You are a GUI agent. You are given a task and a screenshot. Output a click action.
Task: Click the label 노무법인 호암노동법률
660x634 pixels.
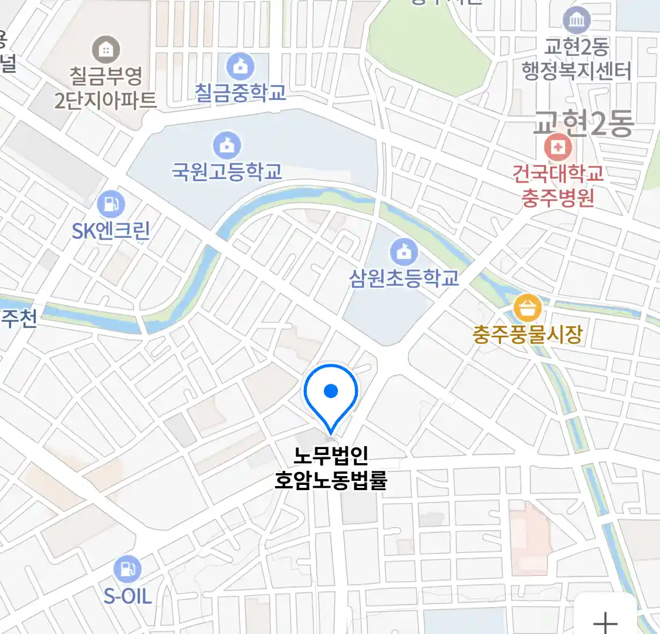pyautogui.click(x=331, y=468)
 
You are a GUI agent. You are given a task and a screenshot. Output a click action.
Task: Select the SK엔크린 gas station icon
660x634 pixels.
pyautogui.click(x=111, y=204)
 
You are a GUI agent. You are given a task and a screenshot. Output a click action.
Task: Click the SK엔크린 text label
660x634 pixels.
pyautogui.click(x=111, y=231)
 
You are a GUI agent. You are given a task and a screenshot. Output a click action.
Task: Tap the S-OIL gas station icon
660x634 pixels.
pyautogui.click(x=127, y=569)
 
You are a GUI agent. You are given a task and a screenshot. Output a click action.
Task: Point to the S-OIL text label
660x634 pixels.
pyautogui.click(x=127, y=596)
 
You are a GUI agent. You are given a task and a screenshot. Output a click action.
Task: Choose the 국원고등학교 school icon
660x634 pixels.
pyautogui.click(x=226, y=145)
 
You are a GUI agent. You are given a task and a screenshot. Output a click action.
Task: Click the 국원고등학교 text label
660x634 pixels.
pyautogui.click(x=226, y=172)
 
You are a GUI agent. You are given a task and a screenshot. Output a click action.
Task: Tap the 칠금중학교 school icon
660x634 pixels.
pyautogui.click(x=241, y=66)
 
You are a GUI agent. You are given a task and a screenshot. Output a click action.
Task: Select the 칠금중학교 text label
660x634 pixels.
pyautogui.click(x=241, y=93)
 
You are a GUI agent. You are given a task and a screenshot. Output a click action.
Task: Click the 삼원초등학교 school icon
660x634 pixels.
pyautogui.click(x=404, y=252)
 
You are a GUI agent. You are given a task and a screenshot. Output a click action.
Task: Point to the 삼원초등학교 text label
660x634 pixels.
pyautogui.click(x=404, y=278)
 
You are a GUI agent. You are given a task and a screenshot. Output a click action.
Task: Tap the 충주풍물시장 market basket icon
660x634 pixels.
pyautogui.click(x=527, y=308)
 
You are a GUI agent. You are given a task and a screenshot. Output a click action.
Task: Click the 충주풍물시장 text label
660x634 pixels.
pyautogui.click(x=527, y=335)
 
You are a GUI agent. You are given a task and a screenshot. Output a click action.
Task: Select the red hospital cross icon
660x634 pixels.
pyautogui.click(x=557, y=147)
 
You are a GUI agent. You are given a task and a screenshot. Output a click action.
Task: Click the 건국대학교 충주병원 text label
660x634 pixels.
pyautogui.click(x=557, y=185)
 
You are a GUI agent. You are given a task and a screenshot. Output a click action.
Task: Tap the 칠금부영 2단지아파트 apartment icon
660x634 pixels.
pyautogui.click(x=106, y=50)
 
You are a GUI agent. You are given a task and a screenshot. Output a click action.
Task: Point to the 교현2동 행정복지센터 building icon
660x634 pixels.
pyautogui.click(x=577, y=21)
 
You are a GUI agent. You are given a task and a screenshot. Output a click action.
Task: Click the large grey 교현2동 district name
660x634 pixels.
pyautogui.click(x=583, y=123)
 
